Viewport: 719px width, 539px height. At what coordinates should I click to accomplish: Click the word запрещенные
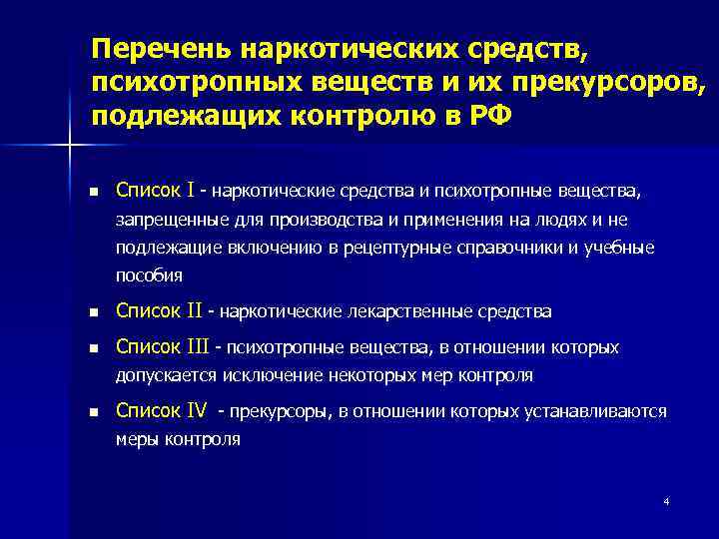162,220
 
